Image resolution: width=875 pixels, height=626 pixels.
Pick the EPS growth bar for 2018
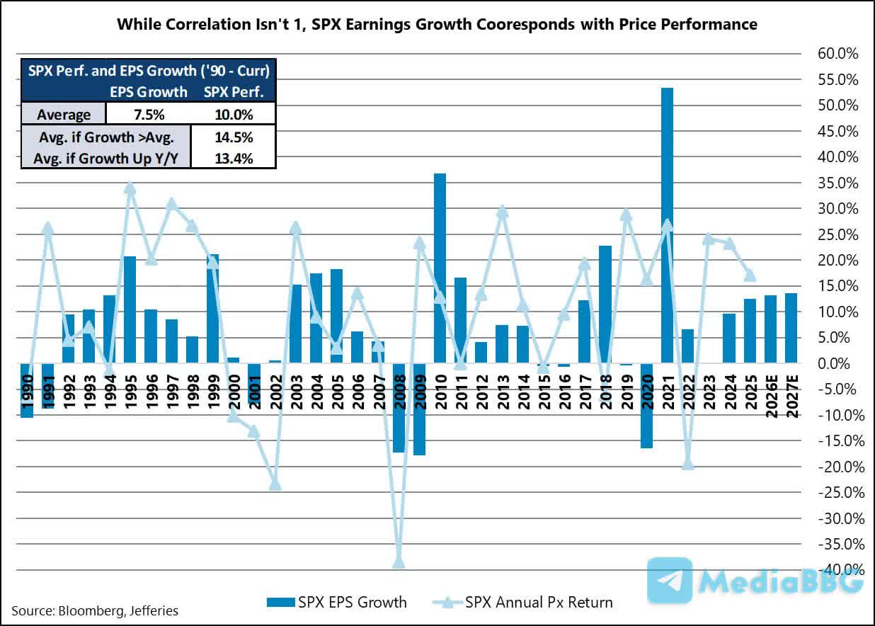pyautogui.click(x=605, y=305)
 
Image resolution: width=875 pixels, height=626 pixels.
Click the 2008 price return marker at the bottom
pyautogui.click(x=399, y=562)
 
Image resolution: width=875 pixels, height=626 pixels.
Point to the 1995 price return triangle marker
pyautogui.click(x=130, y=188)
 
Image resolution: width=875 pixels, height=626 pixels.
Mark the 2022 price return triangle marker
pyautogui.click(x=687, y=464)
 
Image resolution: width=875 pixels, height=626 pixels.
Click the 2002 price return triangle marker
pyautogui.click(x=275, y=485)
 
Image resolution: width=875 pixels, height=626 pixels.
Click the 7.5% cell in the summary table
pyautogui.click(x=148, y=114)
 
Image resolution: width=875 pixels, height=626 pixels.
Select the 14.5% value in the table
pyautogui.click(x=233, y=137)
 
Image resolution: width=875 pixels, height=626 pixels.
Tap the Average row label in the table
pyautogui.click(x=64, y=114)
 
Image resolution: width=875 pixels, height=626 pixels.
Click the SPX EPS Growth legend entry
pyautogui.click(x=336, y=603)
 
